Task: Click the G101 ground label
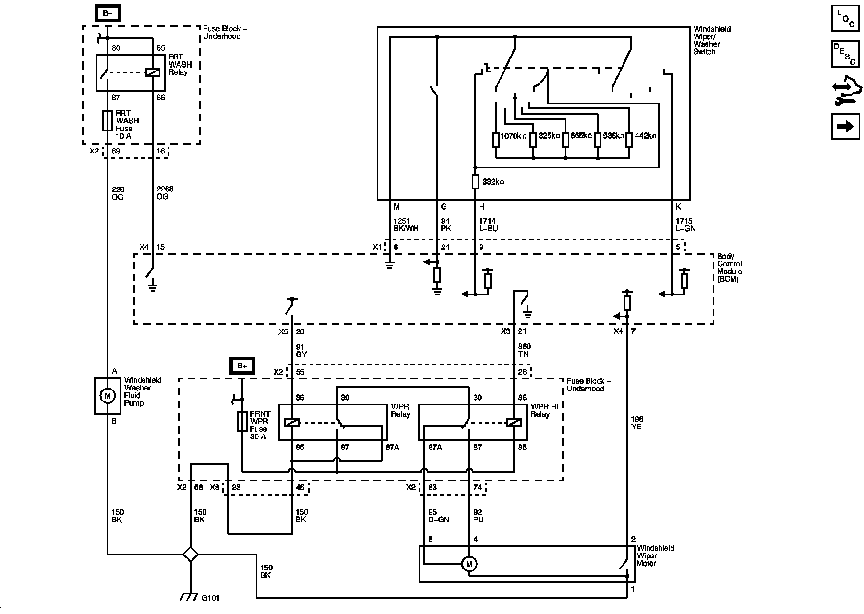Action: click(210, 598)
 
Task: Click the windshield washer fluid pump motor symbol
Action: click(108, 396)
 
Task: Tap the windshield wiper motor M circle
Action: click(469, 564)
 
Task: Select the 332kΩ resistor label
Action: click(493, 182)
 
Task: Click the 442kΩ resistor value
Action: click(645, 136)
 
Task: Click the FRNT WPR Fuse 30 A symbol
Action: click(242, 421)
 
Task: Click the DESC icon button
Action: click(846, 54)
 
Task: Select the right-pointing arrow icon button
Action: click(846, 127)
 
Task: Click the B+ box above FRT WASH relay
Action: click(108, 13)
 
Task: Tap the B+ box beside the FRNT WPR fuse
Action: click(242, 366)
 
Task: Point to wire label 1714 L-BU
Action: click(488, 225)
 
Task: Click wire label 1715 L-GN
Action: click(685, 225)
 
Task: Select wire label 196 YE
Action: click(637, 423)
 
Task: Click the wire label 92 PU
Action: click(478, 516)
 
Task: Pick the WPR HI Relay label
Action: click(544, 411)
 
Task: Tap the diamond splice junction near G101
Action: click(191, 554)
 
